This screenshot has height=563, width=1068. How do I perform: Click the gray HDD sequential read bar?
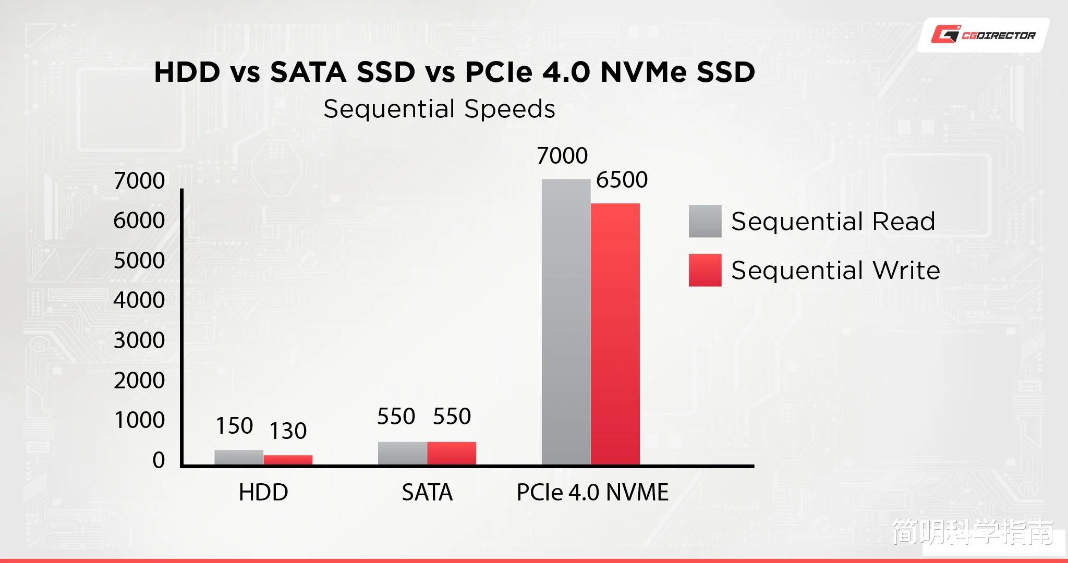coord(239,457)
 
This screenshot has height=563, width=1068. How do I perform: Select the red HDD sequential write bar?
coord(288,460)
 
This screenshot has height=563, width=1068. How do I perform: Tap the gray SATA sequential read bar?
coord(403,453)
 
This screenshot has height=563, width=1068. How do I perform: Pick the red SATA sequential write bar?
coord(452,453)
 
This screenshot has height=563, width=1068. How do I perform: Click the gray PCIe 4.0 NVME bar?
coord(566,322)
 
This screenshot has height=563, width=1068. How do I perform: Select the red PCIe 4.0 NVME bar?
coord(615,334)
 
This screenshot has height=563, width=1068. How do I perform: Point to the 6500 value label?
coord(622,180)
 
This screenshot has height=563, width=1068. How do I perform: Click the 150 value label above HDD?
coord(235,426)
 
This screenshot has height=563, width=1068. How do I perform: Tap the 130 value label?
coord(288,431)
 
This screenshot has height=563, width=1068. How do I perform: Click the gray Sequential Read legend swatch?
coord(705,221)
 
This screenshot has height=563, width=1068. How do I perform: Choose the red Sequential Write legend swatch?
coord(705,270)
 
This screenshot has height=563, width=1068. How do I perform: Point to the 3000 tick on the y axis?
coord(139,340)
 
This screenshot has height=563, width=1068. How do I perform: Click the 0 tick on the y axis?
coord(159,460)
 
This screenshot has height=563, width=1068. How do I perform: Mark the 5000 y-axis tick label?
coord(139,261)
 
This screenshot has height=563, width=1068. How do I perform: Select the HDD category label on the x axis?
coord(263,492)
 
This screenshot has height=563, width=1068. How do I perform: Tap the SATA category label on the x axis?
coord(427,492)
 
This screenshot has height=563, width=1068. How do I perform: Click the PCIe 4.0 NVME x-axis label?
coord(592,492)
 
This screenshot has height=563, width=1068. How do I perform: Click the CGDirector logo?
coord(984,35)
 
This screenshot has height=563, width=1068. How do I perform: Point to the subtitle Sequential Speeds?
coord(439,109)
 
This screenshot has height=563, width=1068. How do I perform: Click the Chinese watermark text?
coord(973,532)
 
